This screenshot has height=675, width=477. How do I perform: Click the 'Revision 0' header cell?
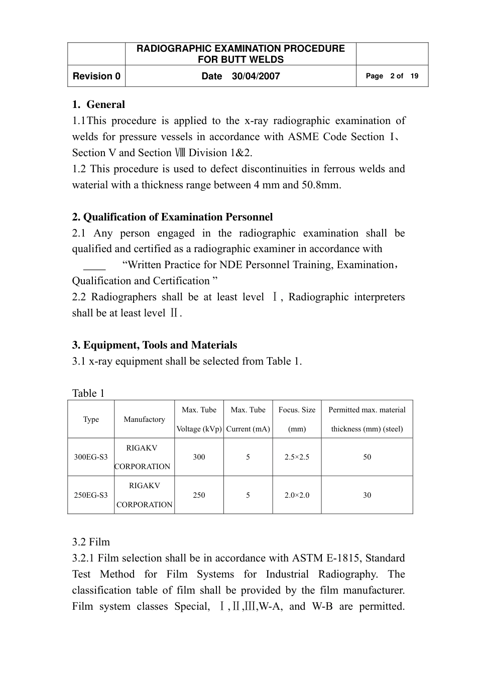tap(96, 76)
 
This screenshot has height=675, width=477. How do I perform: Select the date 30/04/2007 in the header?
tap(256, 76)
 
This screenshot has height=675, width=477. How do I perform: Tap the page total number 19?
tap(414, 76)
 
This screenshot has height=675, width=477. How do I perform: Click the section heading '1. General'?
tap(98, 104)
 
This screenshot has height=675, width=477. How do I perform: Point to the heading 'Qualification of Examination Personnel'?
tap(178, 217)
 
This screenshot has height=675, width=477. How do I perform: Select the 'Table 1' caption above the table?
tap(88, 393)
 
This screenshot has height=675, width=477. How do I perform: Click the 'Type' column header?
tap(91, 419)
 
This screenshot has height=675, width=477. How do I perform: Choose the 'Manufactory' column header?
tap(144, 419)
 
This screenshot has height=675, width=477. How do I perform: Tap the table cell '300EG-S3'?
tap(91, 457)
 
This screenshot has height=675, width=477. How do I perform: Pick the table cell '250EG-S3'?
tap(91, 495)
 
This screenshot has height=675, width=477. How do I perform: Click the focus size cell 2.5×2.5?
tap(297, 457)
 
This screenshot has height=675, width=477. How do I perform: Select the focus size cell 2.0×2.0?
tap(297, 495)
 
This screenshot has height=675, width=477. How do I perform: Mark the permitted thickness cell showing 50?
tap(367, 457)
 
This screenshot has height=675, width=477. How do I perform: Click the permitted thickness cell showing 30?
tap(367, 495)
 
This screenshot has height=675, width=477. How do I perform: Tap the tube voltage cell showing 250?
tap(199, 495)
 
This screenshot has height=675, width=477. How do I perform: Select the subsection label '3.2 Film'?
tap(91, 542)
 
